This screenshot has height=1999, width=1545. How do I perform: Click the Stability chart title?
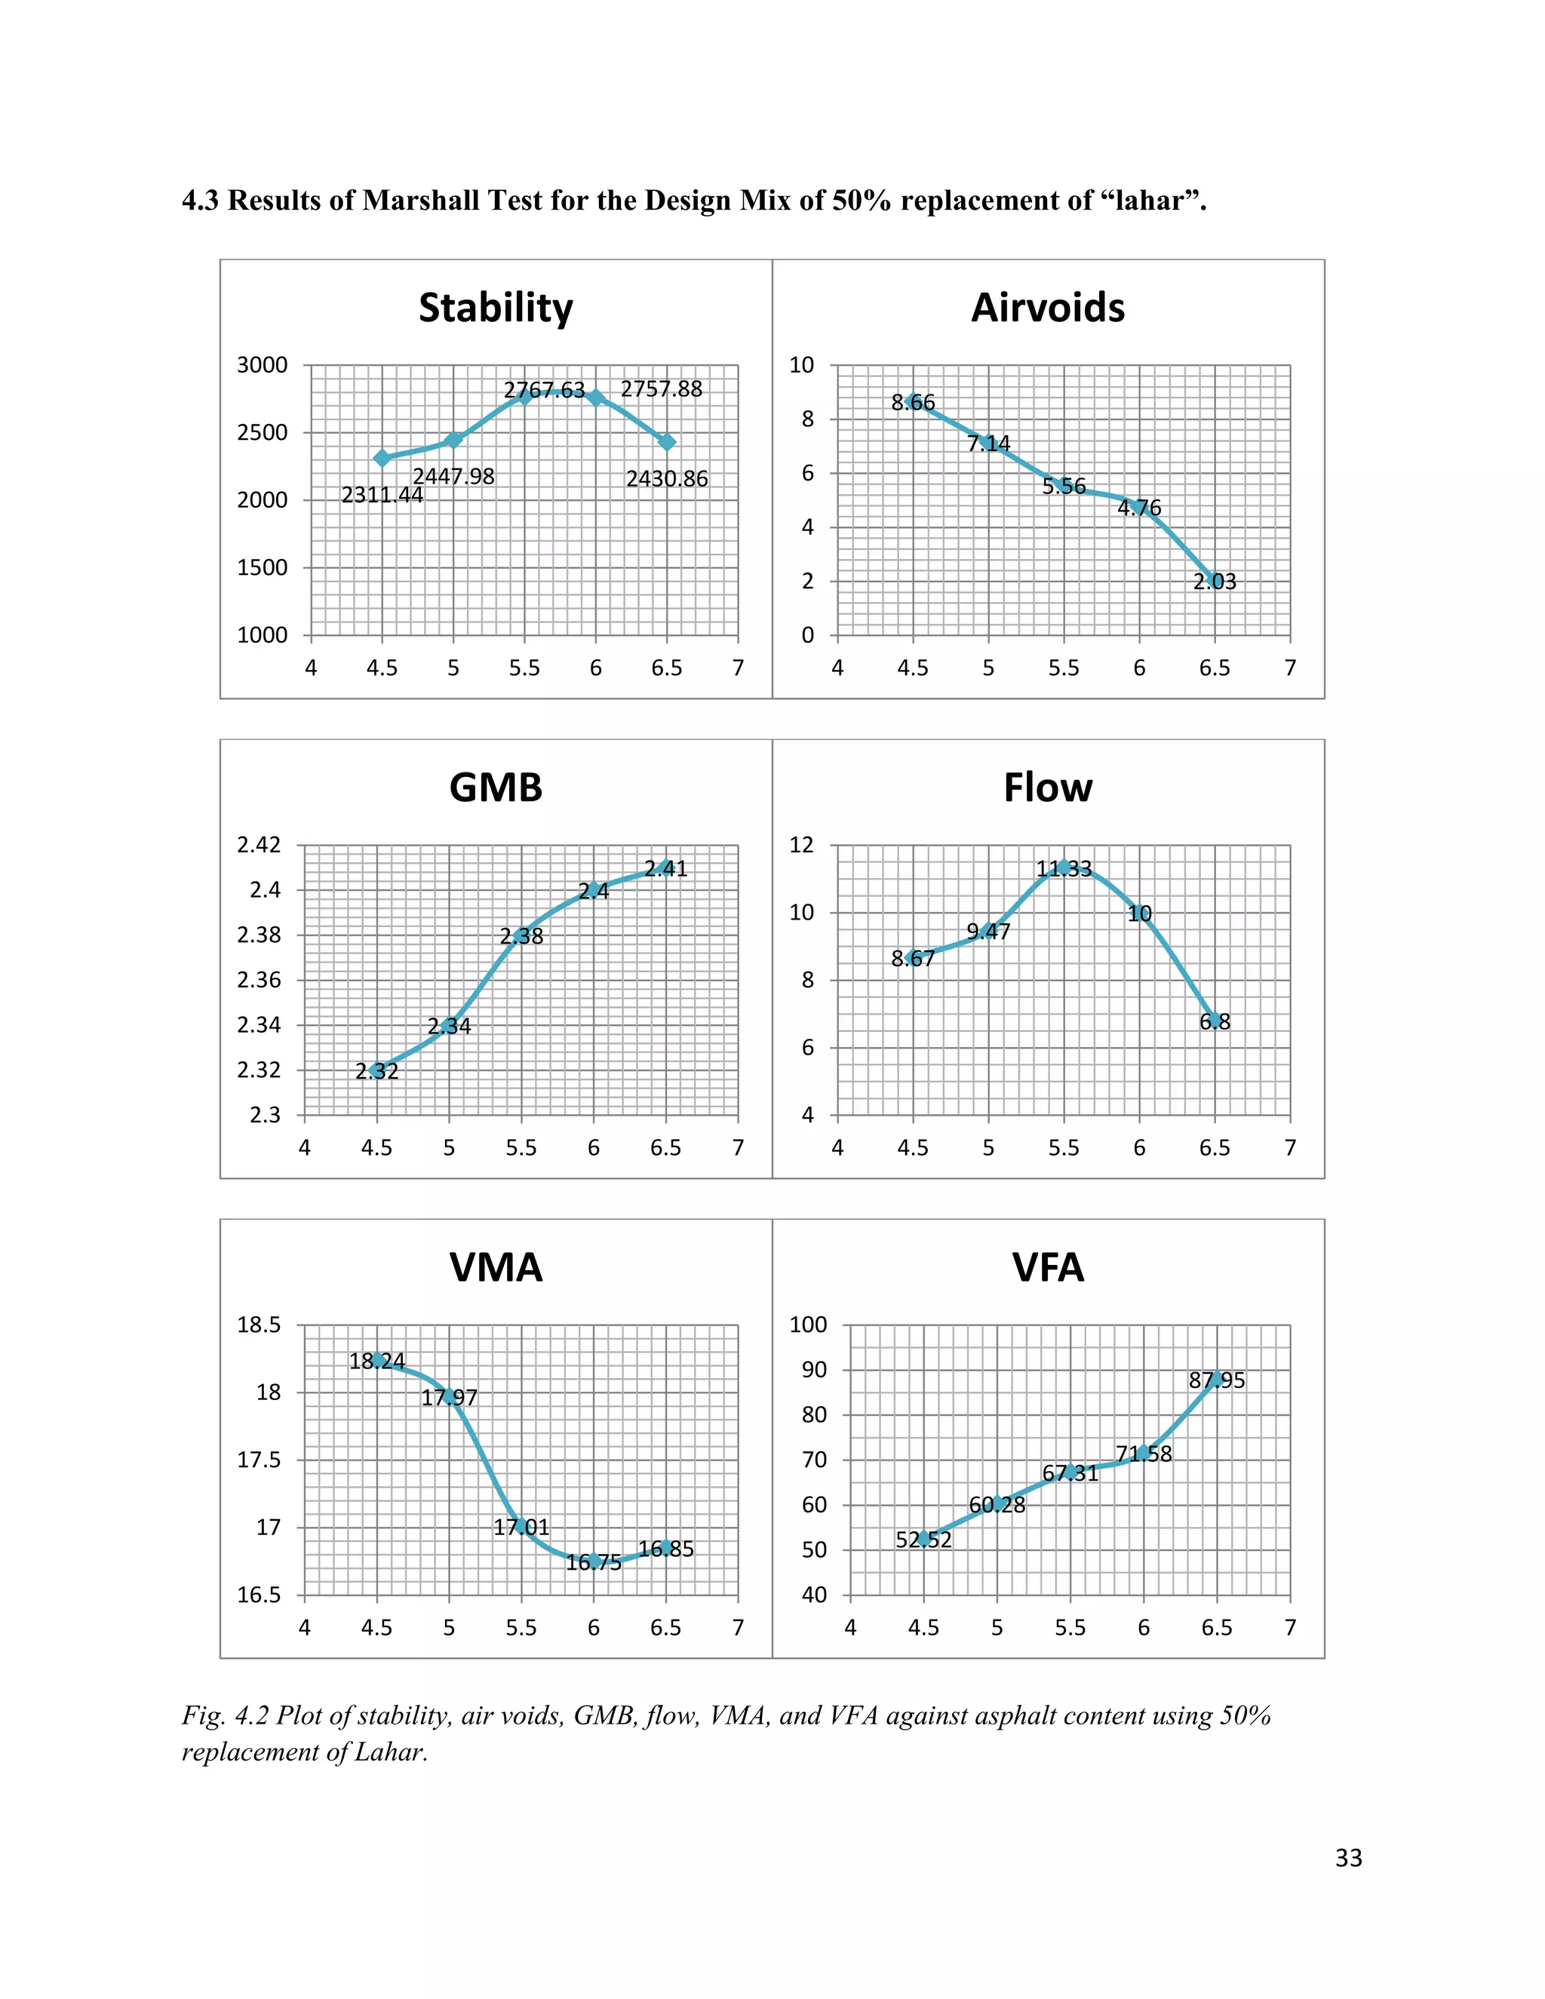[496, 309]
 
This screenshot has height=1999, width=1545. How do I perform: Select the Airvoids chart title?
[1048, 308]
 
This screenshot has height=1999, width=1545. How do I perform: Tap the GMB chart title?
[496, 788]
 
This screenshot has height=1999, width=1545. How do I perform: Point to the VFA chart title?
[1048, 1268]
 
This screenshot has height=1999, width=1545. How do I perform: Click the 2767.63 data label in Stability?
[544, 390]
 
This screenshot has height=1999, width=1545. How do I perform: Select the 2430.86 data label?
[667, 479]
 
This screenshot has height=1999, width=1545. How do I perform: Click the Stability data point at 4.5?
[382, 458]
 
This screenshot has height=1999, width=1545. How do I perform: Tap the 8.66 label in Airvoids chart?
[914, 403]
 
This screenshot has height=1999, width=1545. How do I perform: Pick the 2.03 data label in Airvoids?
[1215, 581]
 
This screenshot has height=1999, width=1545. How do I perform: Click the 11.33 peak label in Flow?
[1064, 868]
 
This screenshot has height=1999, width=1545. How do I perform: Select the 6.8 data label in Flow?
[1215, 1021]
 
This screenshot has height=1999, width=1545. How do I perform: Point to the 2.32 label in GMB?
[377, 1071]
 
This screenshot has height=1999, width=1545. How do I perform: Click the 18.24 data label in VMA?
[377, 1361]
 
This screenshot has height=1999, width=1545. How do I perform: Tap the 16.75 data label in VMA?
[593, 1562]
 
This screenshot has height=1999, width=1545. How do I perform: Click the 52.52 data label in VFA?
[923, 1540]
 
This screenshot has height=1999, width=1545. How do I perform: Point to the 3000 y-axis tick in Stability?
[263, 365]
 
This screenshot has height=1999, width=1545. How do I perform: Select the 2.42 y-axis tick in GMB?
[259, 845]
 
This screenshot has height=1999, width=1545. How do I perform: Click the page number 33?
[1349, 1858]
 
